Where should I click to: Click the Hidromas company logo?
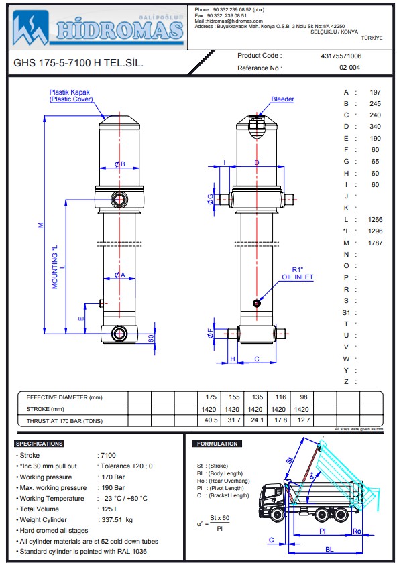click(99, 26)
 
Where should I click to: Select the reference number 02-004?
click(350, 68)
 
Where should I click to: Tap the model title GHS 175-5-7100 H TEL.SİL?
click(78, 64)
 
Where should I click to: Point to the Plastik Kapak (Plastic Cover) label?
click(71, 95)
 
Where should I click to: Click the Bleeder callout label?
click(282, 99)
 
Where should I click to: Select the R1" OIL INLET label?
click(297, 273)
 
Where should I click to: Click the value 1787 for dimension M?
click(375, 243)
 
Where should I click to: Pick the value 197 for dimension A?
click(375, 92)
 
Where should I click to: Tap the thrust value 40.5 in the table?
click(211, 420)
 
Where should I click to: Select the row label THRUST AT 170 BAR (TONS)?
click(65, 420)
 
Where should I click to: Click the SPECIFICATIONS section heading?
click(40, 444)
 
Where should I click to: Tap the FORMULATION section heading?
click(217, 444)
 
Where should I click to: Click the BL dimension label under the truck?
click(328, 549)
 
